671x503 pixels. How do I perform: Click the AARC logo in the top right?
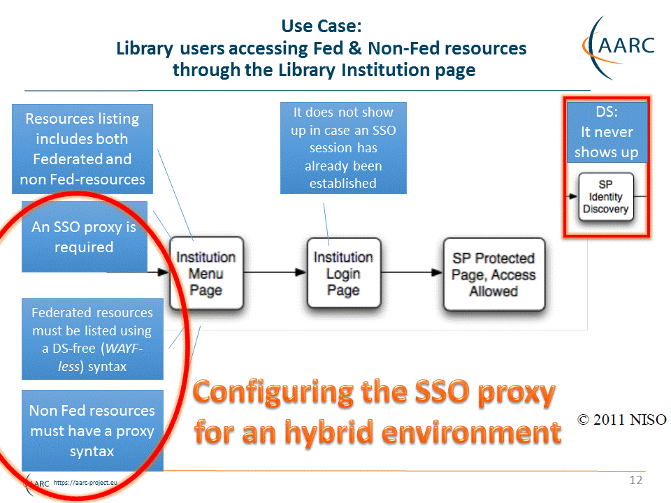[619, 47]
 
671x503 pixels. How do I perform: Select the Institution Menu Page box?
[206, 273]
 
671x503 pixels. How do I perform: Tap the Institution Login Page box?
[344, 273]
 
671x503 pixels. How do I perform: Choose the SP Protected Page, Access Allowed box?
[494, 274]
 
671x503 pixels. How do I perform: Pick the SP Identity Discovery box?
[605, 197]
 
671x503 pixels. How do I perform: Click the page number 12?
[636, 481]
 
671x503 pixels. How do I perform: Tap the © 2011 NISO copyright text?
[622, 420]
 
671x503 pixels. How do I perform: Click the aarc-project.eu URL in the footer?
[85, 483]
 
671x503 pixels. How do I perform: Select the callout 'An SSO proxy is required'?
[85, 237]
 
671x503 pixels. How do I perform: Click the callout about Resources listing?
[82, 149]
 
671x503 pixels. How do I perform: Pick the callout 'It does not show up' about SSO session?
[343, 148]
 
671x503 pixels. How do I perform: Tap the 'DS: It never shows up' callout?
[607, 132]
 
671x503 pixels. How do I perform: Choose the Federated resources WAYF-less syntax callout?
[92, 340]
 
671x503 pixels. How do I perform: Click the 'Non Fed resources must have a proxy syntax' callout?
[92, 431]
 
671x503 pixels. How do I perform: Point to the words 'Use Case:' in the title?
[322, 26]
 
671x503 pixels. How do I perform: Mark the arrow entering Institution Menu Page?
[138, 272]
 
